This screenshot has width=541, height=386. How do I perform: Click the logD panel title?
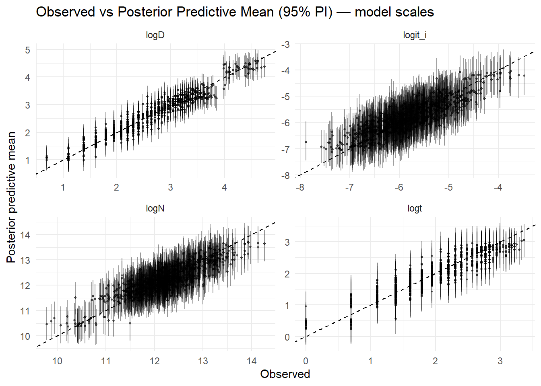pyautogui.click(x=155, y=35)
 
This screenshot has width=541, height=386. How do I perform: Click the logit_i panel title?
pyautogui.click(x=415, y=35)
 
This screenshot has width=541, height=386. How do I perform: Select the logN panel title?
pyautogui.click(x=155, y=208)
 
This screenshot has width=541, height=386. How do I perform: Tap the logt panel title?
pyautogui.click(x=415, y=208)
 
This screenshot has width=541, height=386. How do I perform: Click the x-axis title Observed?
pyautogui.click(x=285, y=374)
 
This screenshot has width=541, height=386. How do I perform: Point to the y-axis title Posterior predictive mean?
pyautogui.click(x=11, y=197)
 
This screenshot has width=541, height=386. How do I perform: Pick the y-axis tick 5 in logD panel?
pyautogui.click(x=27, y=50)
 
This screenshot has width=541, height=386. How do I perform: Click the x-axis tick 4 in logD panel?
pyautogui.click(x=224, y=187)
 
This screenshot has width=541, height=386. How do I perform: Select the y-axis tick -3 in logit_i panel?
pyautogui.click(x=285, y=44)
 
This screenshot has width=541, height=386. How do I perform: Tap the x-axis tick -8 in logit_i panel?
pyautogui.click(x=300, y=187)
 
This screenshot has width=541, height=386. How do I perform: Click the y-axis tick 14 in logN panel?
pyautogui.click(x=25, y=235)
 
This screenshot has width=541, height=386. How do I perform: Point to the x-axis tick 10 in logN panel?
pyautogui.click(x=57, y=361)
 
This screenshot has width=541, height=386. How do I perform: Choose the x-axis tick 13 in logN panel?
pyautogui.click(x=203, y=361)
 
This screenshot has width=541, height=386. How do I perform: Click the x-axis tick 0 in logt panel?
pyautogui.click(x=306, y=361)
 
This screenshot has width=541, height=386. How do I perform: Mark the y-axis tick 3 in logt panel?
pyautogui.click(x=287, y=242)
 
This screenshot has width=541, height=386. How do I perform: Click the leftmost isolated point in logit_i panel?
pyautogui.click(x=306, y=142)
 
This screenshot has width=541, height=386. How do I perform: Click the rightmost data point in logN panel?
pyautogui.click(x=264, y=244)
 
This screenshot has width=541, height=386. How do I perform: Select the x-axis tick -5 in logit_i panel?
pyautogui.click(x=448, y=187)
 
